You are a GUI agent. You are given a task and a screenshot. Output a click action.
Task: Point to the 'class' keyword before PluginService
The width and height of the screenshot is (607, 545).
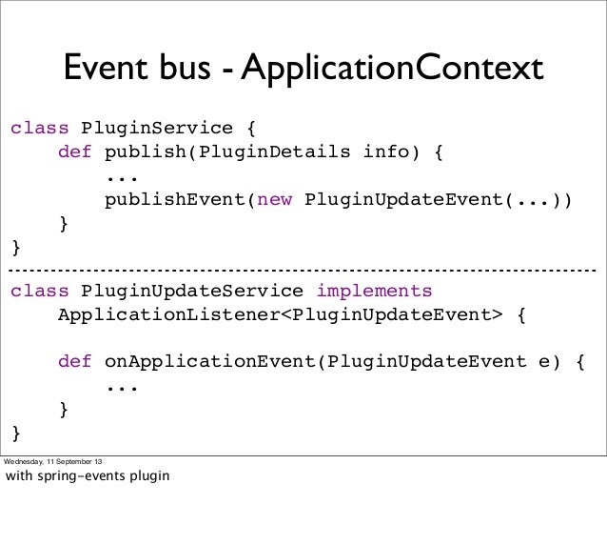click(40, 128)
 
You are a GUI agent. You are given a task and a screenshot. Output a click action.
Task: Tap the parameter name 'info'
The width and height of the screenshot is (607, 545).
click(385, 152)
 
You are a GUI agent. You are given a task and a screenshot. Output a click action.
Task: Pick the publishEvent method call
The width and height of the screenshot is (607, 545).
click(175, 201)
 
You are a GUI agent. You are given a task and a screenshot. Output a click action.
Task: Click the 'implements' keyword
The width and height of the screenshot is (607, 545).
click(374, 291)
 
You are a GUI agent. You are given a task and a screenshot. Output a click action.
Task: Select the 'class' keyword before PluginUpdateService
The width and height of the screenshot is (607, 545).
click(40, 291)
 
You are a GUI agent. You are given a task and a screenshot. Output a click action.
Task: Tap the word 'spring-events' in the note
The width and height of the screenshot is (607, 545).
click(85, 474)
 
